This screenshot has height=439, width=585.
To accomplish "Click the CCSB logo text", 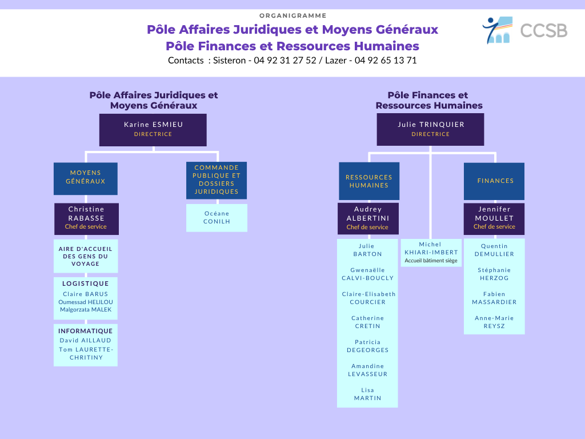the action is pos(544,31).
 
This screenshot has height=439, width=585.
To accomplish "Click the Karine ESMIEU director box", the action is pos(153,130).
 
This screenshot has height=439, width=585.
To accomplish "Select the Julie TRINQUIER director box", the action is pos(430,130).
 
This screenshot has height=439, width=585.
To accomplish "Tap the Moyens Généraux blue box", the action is pos(86,178).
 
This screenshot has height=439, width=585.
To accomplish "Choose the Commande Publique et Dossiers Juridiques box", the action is pos(217,180).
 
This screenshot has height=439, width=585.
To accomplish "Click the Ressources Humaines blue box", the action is pos(369,181).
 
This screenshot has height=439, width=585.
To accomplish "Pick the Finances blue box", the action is pos(494,181).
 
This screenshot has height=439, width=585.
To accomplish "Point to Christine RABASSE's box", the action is pos(86,219).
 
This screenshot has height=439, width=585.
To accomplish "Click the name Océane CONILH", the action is pos(217,217).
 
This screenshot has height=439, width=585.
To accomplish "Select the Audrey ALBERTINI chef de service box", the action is pos(368,218).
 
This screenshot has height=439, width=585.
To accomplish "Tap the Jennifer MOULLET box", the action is pos(494,219).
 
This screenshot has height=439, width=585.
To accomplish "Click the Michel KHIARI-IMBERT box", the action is pos(431,253).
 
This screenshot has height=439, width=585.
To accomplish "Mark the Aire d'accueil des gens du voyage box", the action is pos(86,256).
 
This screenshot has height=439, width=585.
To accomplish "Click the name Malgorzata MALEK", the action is pos(86,309).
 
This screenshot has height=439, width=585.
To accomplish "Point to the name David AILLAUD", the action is pos(86,341).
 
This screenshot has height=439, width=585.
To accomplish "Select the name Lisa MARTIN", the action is pos(367,394).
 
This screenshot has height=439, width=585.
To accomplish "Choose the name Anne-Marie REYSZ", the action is pos(494,322).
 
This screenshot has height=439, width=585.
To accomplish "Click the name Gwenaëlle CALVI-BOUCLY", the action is pos(367,274).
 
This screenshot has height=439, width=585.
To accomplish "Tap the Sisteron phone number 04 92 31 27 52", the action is pos(285,61).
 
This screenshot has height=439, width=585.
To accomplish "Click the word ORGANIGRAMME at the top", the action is pos(293,15).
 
